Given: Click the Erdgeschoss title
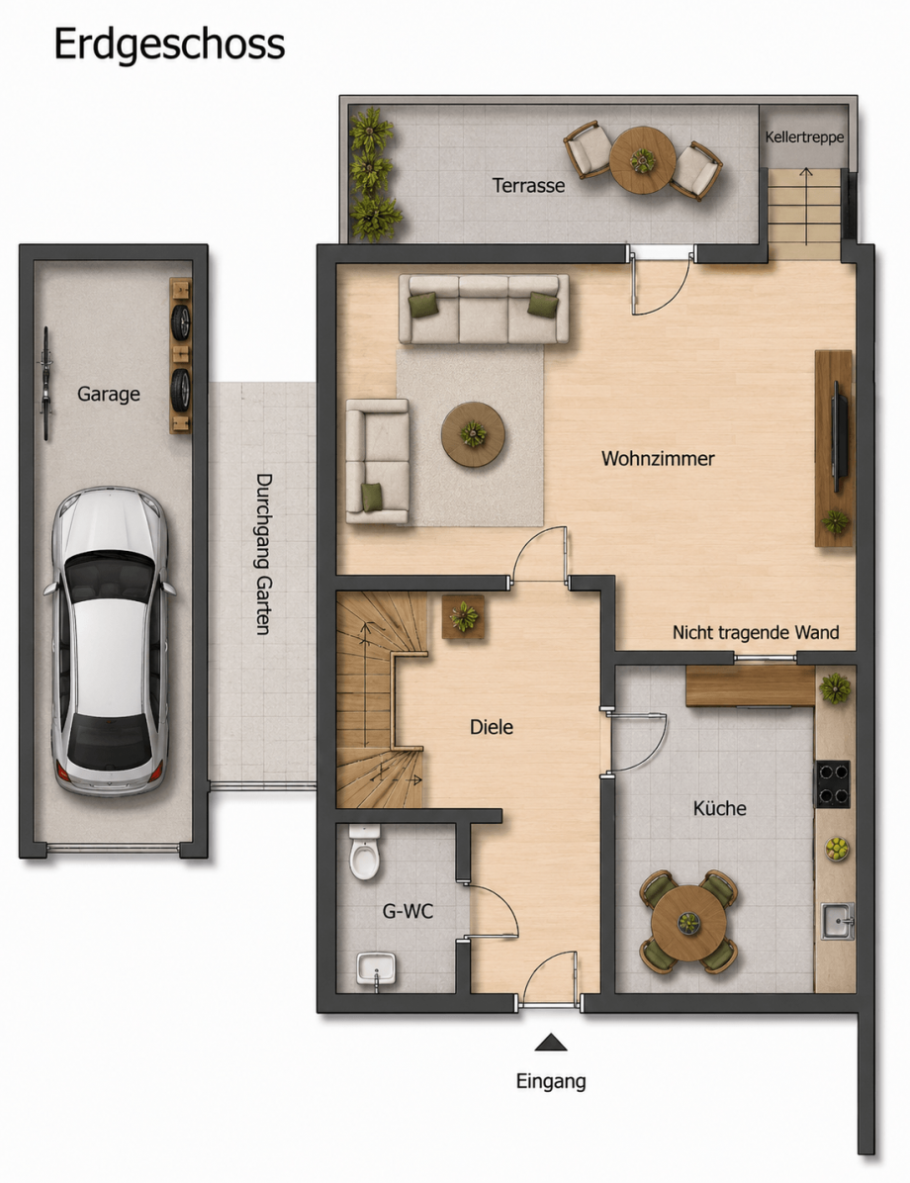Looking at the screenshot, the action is pos(169,45).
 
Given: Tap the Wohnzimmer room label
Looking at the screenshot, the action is pos(658,458).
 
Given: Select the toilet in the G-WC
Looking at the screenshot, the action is pos(364,852).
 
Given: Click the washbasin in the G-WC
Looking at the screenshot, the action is pos(376,968).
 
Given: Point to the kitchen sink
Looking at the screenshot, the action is pos(837,921).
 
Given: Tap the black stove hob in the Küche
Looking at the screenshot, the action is pos(832,784).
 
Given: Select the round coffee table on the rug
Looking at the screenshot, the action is pos(473,434).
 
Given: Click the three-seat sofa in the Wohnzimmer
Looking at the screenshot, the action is pos(484,309).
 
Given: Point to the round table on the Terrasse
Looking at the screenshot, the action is pos(642,160).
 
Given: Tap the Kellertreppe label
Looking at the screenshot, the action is pos(804,137).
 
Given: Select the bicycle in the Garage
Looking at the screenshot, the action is pos(46,383).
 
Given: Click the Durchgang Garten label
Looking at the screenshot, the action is pos(263,554).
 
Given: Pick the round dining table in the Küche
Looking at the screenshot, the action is pos(687,922).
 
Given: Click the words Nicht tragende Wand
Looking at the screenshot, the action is pos(756,632).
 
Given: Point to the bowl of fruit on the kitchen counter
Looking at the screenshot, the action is pos(837,849).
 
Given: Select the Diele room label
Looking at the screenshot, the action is pos(492,727).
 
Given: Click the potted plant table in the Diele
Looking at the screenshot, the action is pos(463,617).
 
